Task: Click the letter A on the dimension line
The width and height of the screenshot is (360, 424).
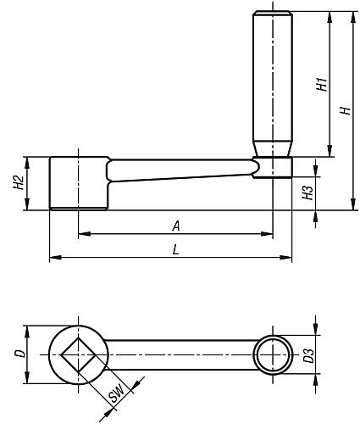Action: click(175, 226)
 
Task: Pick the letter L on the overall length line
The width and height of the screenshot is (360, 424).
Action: click(174, 251)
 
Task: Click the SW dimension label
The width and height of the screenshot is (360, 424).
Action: click(116, 391)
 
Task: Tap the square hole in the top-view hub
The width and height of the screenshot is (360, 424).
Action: click(78, 354)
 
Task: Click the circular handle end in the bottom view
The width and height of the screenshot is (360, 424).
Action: click(273, 354)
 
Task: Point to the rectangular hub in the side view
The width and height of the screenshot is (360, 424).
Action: click(77, 183)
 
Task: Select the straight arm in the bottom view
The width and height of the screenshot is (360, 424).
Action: click(178, 354)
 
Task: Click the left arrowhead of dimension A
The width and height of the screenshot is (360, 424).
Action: click(81, 234)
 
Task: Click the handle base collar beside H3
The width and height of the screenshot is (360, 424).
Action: click(273, 168)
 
